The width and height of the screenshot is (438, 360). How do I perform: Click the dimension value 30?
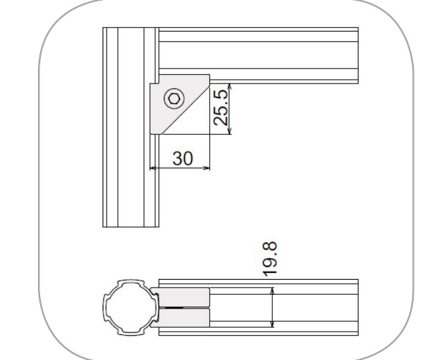[183, 158]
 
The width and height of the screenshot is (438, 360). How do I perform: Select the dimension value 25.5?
[221, 108]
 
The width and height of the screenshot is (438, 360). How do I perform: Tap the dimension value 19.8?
[270, 259]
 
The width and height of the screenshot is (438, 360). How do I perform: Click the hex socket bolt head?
[174, 99]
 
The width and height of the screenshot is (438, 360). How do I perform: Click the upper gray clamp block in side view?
[181, 297]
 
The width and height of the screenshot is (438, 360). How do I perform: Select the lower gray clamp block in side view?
[181, 318]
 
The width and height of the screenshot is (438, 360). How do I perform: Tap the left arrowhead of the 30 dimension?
[153, 168]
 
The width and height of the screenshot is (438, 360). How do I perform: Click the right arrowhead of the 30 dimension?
[207, 168]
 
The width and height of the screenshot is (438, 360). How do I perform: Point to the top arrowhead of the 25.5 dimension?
[230, 86]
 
